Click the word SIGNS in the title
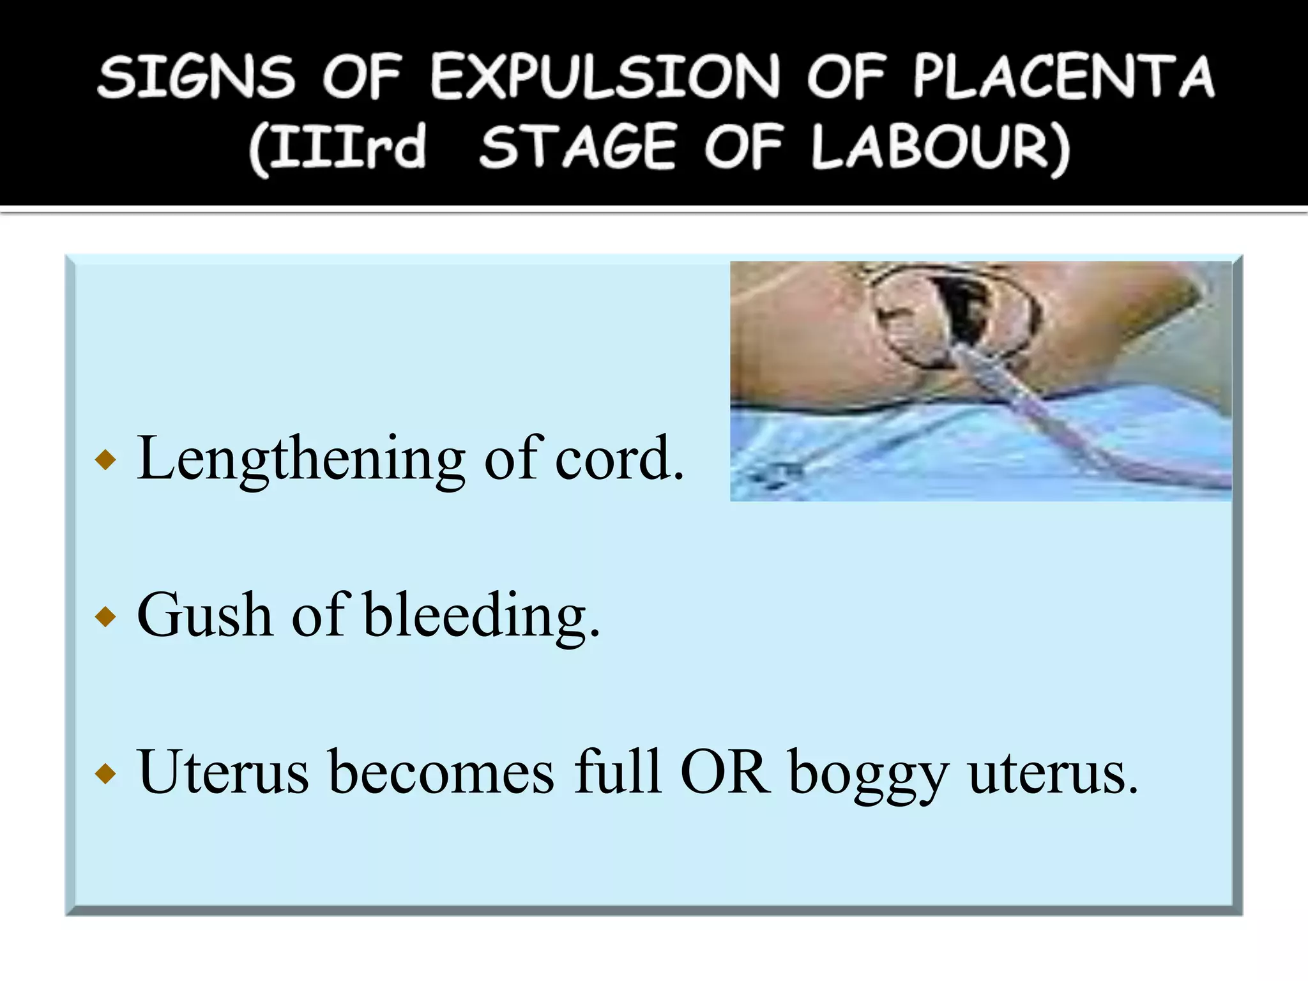[x=197, y=77]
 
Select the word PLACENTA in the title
[x=1063, y=77]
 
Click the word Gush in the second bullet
[x=204, y=616]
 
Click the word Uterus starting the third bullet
[x=223, y=773]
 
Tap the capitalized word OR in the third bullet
[x=725, y=773]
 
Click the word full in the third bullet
[x=617, y=773]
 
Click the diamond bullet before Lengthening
[x=105, y=460]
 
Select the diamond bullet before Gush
[x=105, y=617]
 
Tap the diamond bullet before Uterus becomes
[x=105, y=774]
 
